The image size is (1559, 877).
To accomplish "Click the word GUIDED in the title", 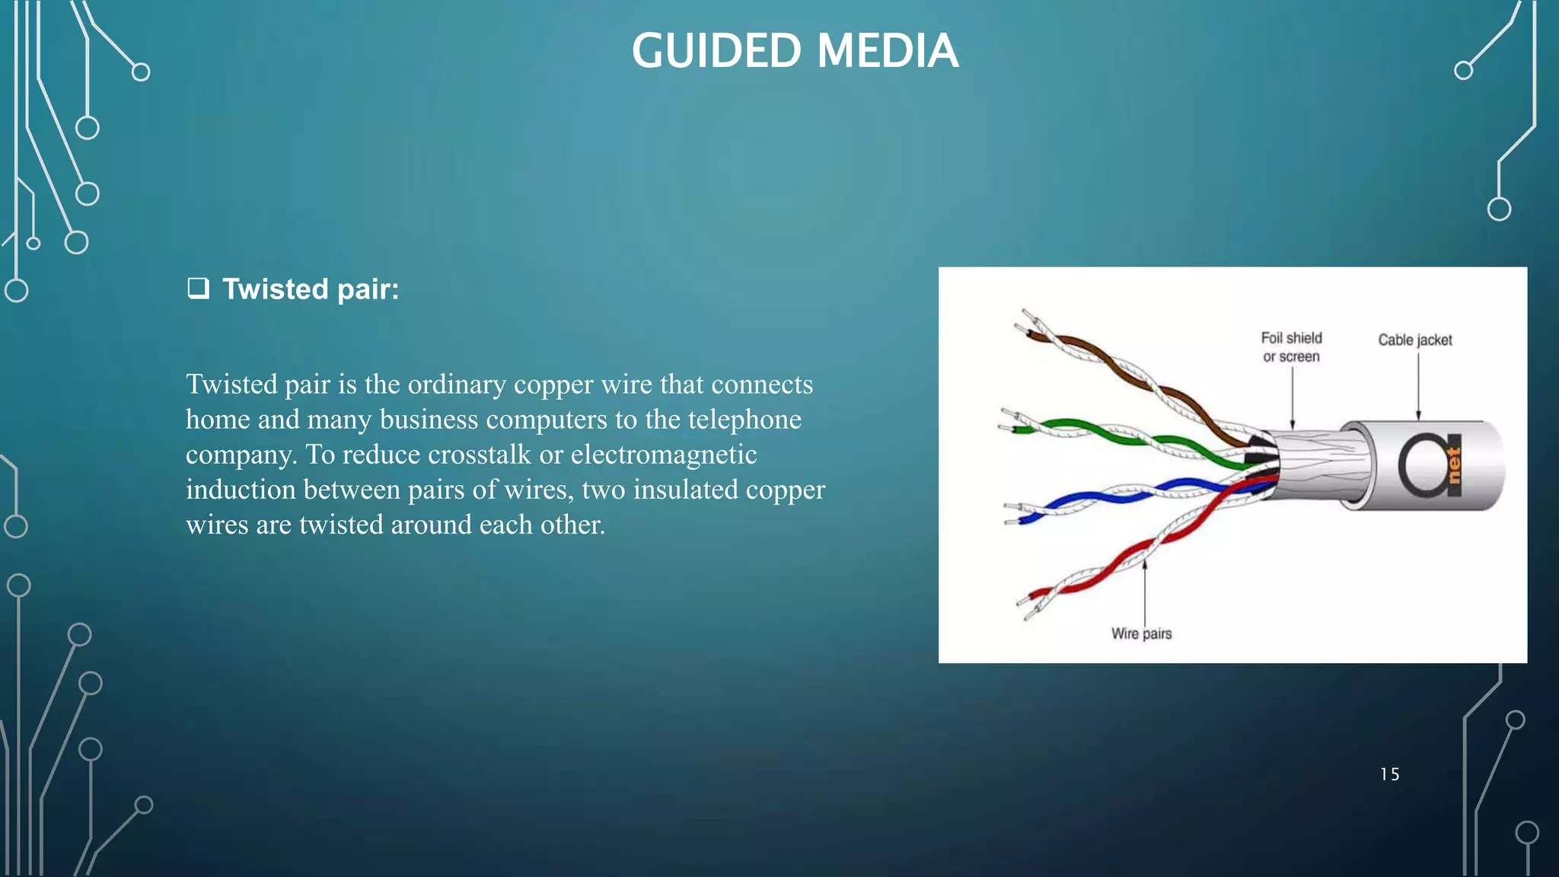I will (x=716, y=51).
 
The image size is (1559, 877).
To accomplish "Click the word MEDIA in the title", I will (x=888, y=51).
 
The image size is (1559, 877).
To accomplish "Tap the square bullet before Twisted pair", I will (x=198, y=289).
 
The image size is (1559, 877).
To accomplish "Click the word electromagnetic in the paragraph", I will (x=664, y=454).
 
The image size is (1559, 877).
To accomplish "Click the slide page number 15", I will (x=1389, y=774).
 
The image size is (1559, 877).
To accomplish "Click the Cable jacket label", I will (x=1414, y=340).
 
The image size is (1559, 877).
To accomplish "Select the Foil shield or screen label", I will (x=1291, y=347).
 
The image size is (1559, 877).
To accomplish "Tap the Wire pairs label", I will (x=1141, y=633).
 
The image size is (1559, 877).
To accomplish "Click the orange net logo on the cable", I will (x=1453, y=465).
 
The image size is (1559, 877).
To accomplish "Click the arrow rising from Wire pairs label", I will (x=1145, y=594).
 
